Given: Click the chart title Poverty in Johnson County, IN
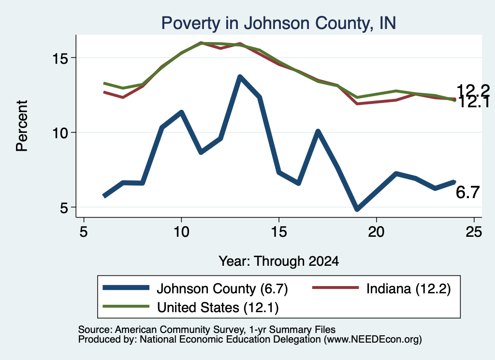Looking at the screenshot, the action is coord(278,23).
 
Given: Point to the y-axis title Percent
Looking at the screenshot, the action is coord(22,126).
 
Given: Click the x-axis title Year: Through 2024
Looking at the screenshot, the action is coord(279,261).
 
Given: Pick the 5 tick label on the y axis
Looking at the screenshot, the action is coord(64,208).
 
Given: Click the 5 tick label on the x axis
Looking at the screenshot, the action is coord(83,232).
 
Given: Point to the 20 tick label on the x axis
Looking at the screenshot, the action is coord(376,232).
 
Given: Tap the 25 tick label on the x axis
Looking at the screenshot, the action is coord(474,232).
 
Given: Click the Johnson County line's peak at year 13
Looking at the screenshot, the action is coord(240,77).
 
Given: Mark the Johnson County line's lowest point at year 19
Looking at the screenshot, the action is coord(357,209).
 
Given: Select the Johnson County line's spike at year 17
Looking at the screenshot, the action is coord(318,131).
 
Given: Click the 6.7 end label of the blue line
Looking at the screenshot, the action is coord(467,192).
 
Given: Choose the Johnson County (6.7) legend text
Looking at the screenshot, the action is coord(222,288).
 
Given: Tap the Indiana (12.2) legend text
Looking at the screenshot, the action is coord(408,288).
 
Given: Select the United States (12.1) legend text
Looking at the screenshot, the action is coord(218,307).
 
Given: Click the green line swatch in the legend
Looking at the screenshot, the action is coord(126,306).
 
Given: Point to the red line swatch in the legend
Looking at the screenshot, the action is coord(335,288).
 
